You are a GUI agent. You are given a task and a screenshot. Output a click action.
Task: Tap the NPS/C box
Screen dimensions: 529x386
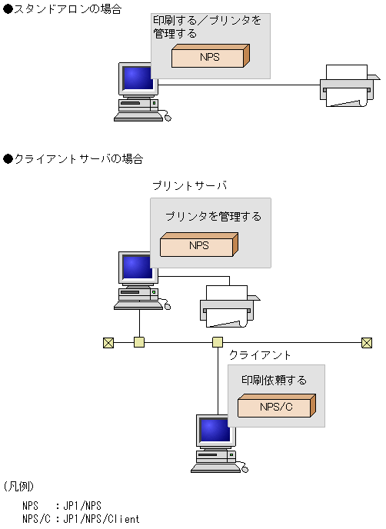[x=275, y=406]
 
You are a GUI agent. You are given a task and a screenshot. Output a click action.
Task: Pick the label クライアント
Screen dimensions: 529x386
[x=260, y=354]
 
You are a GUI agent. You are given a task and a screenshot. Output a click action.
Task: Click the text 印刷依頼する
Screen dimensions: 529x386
[x=274, y=380]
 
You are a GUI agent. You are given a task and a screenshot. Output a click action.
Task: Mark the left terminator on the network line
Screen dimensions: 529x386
[x=108, y=342]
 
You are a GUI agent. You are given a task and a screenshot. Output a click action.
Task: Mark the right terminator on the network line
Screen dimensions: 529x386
[x=367, y=342]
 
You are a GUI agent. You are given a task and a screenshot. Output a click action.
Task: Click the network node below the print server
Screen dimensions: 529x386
[x=139, y=342]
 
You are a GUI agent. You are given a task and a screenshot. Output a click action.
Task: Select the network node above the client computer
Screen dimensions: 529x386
[x=218, y=342]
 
